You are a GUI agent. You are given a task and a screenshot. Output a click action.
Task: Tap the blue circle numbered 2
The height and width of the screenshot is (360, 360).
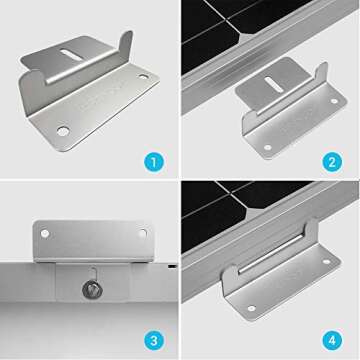click(x=331, y=160)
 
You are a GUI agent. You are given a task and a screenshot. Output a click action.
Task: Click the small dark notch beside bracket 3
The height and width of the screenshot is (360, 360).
click(x=173, y=267)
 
